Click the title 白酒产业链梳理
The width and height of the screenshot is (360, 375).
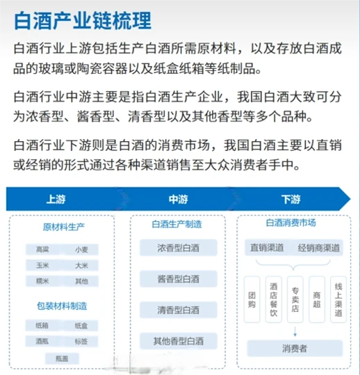point(82,19)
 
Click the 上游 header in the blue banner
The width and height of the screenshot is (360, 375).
point(56,200)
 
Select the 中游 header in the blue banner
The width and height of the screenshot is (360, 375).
point(178,200)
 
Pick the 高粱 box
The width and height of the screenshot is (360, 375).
point(42,249)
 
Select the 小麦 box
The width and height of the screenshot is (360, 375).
point(81,249)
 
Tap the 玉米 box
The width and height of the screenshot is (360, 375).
point(42,265)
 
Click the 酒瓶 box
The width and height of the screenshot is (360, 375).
point(42,341)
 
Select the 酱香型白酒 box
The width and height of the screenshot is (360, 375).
point(179,279)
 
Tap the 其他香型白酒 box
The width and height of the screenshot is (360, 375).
point(179,341)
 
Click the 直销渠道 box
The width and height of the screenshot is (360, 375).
point(266,248)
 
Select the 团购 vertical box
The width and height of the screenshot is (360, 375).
point(252,299)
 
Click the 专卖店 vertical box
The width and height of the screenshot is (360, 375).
point(295,299)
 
